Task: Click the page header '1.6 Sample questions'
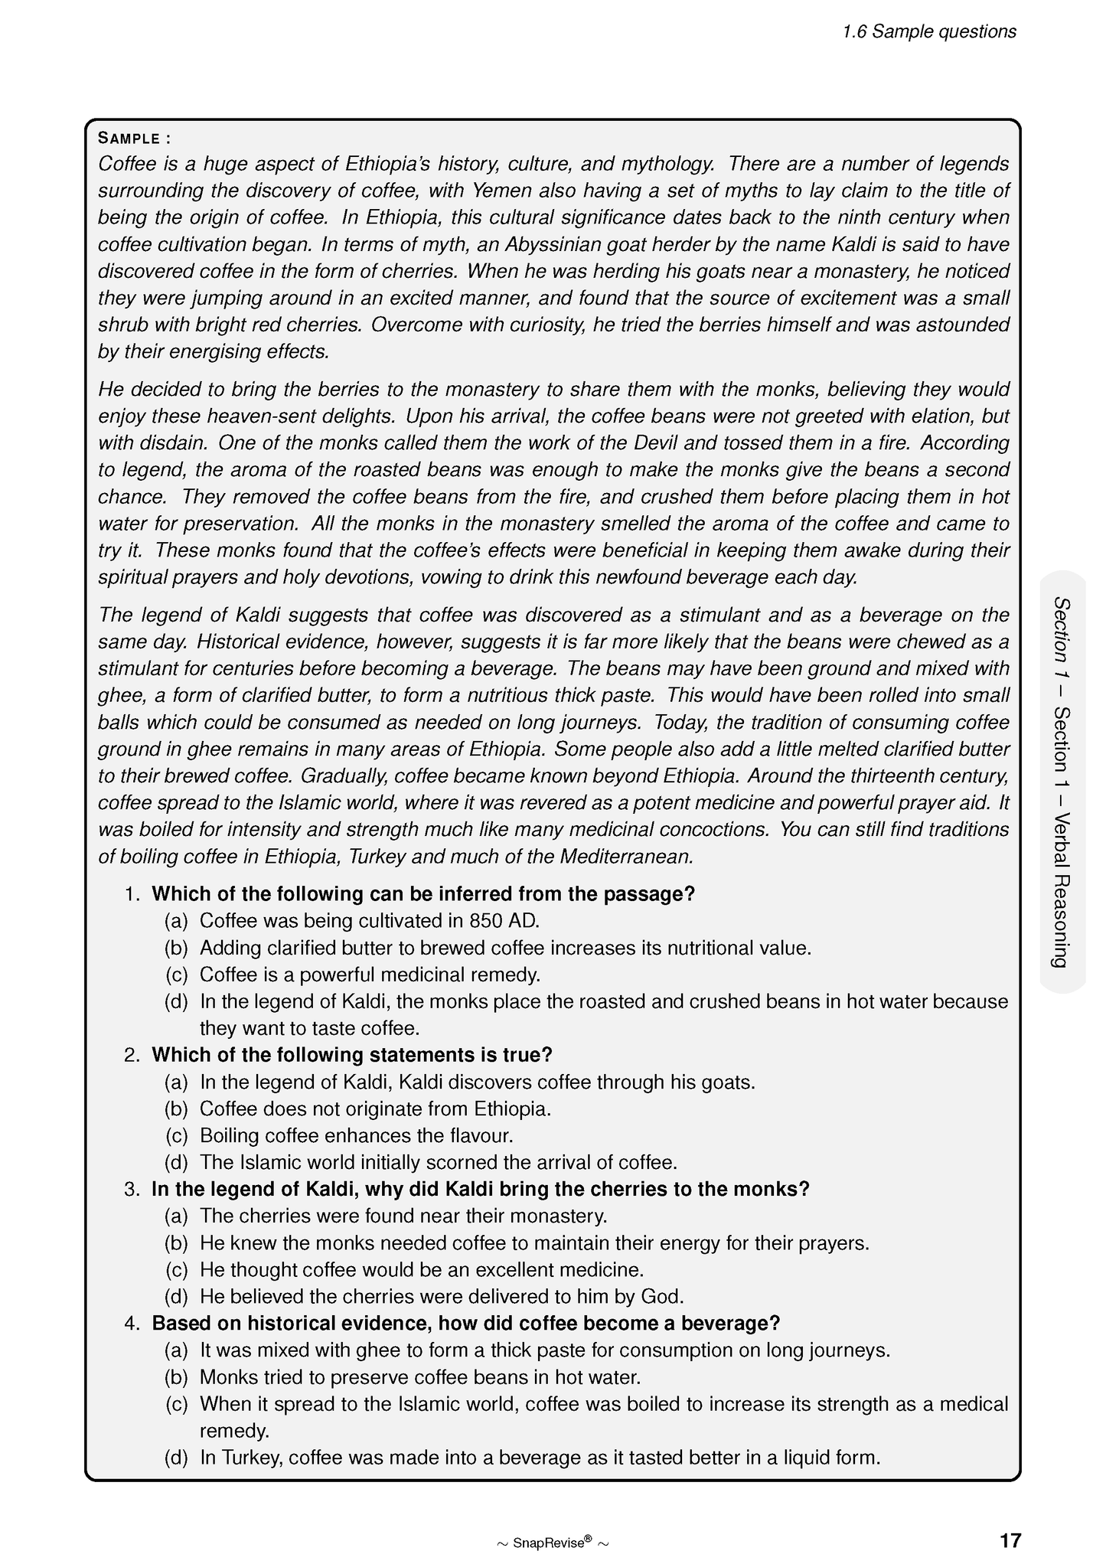928,31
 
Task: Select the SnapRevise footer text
553,1542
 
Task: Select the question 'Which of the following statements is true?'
351,1055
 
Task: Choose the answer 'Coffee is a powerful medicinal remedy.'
370,975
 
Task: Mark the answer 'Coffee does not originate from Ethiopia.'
375,1109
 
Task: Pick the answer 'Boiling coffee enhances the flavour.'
356,1135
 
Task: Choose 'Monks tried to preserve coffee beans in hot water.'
419,1376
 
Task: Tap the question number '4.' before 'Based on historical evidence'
132,1323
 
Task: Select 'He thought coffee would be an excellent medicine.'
421,1269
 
